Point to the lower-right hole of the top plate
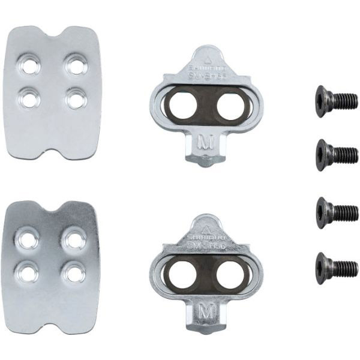(76, 97)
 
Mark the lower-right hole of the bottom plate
(75, 272)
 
